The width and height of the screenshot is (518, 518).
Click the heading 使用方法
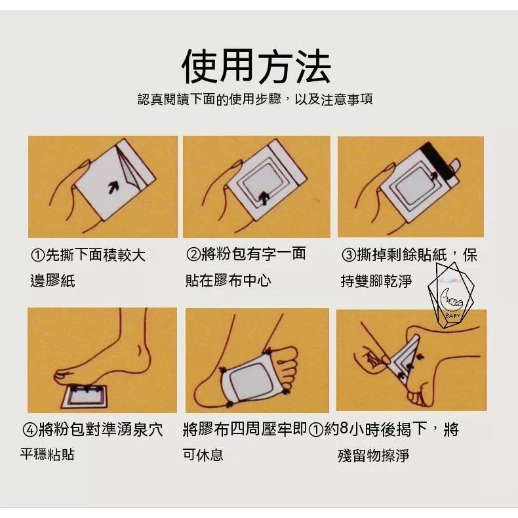(256, 66)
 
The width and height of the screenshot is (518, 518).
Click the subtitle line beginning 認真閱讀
(255, 99)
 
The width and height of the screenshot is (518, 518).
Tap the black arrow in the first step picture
(113, 187)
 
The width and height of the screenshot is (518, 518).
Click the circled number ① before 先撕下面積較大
(37, 255)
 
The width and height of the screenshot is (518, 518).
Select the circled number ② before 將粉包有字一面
(193, 254)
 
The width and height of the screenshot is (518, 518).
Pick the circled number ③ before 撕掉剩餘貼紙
(349, 255)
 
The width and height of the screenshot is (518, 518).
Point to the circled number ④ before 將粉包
(30, 429)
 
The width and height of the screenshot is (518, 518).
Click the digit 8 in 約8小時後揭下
(343, 428)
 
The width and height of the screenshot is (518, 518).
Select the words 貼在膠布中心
(228, 281)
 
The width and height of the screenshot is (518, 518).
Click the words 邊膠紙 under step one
(53, 281)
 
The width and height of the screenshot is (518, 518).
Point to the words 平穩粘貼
(48, 454)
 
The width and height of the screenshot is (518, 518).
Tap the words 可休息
(203, 455)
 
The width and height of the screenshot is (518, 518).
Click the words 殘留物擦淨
(373, 456)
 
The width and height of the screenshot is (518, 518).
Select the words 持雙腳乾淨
(376, 281)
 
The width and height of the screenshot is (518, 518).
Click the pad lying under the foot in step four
(85, 397)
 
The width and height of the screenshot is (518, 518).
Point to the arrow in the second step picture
(264, 199)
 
